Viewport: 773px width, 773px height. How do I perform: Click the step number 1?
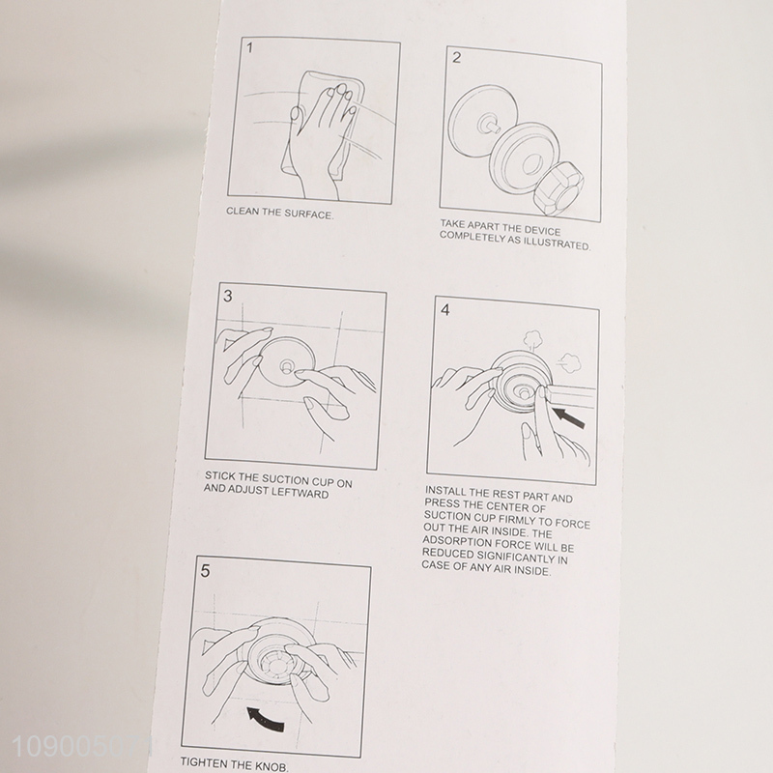click(x=250, y=48)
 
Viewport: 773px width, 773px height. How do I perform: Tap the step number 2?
click(x=456, y=58)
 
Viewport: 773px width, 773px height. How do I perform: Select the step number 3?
click(x=227, y=297)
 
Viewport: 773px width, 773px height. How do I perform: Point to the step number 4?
click(x=445, y=309)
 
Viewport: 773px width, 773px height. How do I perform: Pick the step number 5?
click(x=205, y=571)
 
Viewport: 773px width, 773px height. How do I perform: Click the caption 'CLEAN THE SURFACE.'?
click(x=279, y=214)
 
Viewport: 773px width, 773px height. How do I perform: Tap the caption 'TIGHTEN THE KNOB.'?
click(x=235, y=764)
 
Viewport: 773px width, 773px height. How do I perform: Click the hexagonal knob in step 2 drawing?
click(x=558, y=187)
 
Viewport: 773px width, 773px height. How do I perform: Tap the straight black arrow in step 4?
click(x=568, y=417)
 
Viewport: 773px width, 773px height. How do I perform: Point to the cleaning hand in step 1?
click(x=321, y=133)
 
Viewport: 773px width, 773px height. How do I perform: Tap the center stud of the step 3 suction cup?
click(x=286, y=366)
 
